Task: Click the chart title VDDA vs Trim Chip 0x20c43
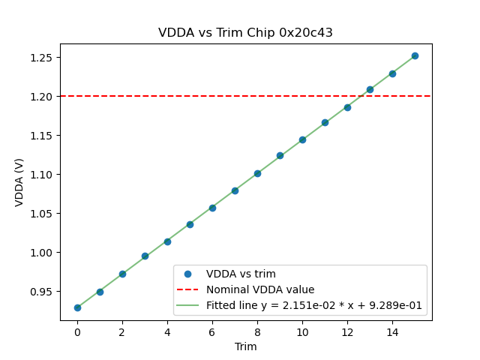tap(245, 33)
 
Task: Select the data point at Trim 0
tap(77, 307)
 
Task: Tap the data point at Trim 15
tap(415, 55)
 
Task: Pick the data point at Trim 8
tap(257, 173)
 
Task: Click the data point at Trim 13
tap(370, 89)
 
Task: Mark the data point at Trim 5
tap(190, 224)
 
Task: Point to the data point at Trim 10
tap(302, 139)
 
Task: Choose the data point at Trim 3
tap(145, 256)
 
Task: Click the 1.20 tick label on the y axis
tap(43, 97)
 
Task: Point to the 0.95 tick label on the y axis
tap(43, 292)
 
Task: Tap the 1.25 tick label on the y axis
tap(43, 58)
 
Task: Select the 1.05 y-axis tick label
tap(43, 214)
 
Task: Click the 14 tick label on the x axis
tap(392, 331)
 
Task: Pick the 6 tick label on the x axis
tap(212, 331)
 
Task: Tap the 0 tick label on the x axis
tap(77, 331)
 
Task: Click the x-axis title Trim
tap(245, 346)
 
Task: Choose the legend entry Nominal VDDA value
tap(260, 289)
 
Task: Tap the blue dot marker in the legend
tap(188, 274)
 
